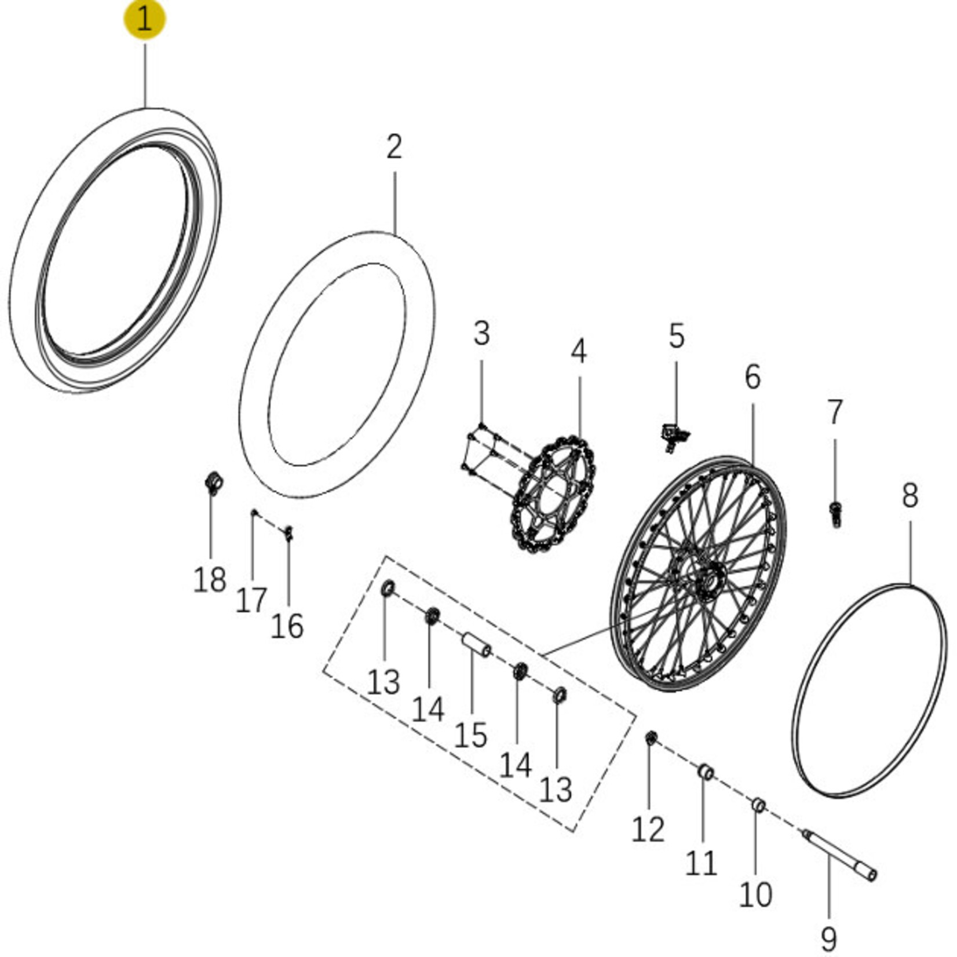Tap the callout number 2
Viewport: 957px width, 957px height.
coord(394,147)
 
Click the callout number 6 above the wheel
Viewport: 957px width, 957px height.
coord(752,377)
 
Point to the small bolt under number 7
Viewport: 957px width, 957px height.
coord(835,514)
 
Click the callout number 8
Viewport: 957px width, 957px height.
coord(909,496)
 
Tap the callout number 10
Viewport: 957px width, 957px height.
coord(755,895)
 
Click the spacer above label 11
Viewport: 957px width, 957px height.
coord(706,772)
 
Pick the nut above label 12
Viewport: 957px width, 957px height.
coord(651,737)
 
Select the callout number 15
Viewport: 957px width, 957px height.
coord(470,735)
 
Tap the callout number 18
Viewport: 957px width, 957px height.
coord(209,579)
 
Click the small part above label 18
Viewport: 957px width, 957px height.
coord(214,482)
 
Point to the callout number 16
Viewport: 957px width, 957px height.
coord(287,626)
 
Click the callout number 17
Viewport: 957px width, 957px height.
coord(251,600)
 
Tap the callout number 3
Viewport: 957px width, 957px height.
coord(481,334)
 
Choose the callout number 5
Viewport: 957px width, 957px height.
coord(676,337)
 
